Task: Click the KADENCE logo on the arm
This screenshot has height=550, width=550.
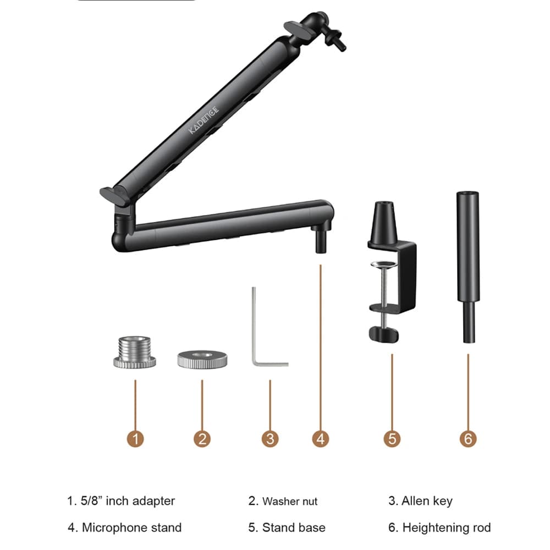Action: pyautogui.click(x=204, y=119)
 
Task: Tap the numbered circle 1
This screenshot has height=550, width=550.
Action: pyautogui.click(x=135, y=438)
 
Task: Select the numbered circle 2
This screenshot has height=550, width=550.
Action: pyautogui.click(x=202, y=438)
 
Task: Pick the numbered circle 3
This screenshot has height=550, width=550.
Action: pyautogui.click(x=270, y=438)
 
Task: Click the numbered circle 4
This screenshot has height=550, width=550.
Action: pyautogui.click(x=321, y=438)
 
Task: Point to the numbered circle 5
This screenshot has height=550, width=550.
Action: pyautogui.click(x=392, y=438)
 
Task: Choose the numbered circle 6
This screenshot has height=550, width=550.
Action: pyautogui.click(x=468, y=438)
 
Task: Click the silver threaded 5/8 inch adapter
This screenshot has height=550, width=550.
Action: pyautogui.click(x=135, y=352)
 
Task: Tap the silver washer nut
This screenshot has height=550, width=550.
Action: pyautogui.click(x=202, y=359)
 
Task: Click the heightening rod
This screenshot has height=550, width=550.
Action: pyautogui.click(x=468, y=267)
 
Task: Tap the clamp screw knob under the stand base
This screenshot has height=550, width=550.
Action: pyautogui.click(x=384, y=334)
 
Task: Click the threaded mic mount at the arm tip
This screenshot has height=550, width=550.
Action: pyautogui.click(x=335, y=39)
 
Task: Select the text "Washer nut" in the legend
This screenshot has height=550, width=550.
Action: pyautogui.click(x=290, y=501)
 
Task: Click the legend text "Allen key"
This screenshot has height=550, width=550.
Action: pyautogui.click(x=427, y=501)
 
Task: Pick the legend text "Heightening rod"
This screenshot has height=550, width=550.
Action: pyautogui.click(x=447, y=527)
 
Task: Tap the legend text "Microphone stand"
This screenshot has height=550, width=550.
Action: pyautogui.click(x=131, y=527)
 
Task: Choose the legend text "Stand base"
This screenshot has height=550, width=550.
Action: pyautogui.click(x=294, y=527)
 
